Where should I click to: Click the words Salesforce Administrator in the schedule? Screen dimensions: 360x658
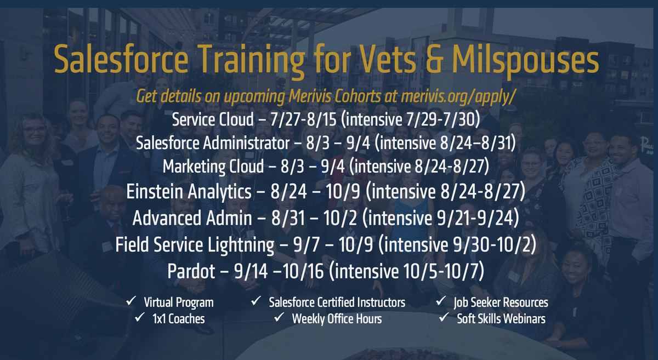pos(212,143)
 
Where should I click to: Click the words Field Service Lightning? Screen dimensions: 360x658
pos(195,244)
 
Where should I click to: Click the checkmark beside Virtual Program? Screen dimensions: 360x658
pos(132,301)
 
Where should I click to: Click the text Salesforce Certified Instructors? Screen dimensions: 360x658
pos(337,302)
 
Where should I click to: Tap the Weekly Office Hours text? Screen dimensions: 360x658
pos(337,318)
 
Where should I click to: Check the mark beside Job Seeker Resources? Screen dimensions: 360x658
pos(441,301)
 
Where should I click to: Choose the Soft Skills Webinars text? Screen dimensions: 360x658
pos(501,318)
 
